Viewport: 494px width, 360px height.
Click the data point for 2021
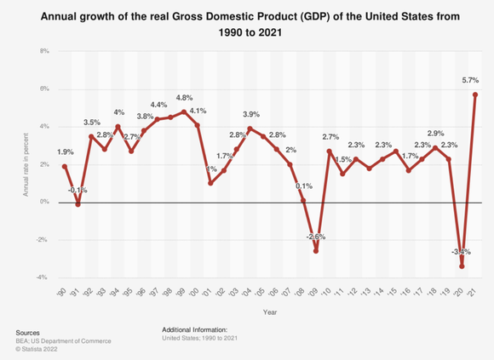[474, 94]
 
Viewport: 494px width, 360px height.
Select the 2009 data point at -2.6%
[315, 251]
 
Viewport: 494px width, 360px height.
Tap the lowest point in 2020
[462, 266]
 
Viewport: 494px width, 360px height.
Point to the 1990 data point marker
[64, 167]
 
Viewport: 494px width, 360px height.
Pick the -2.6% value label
[315, 237]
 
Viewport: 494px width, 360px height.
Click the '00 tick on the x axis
[196, 291]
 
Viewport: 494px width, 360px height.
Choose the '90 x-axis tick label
[63, 291]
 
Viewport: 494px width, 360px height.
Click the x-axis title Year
[268, 311]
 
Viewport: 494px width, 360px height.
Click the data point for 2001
[210, 183]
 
